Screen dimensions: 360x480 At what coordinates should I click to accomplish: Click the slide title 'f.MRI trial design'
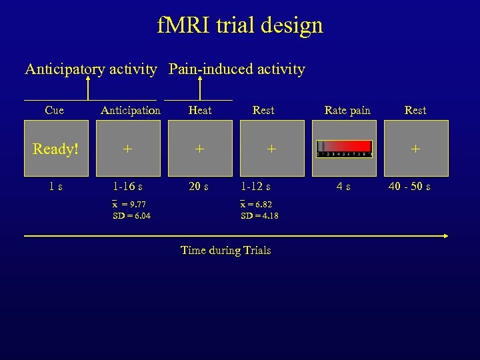point(240,25)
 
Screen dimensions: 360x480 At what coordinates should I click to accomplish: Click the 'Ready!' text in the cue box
point(55,149)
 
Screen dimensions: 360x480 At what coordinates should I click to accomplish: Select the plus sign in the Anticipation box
point(127,149)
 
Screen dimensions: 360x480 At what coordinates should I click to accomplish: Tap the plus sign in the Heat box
point(199,149)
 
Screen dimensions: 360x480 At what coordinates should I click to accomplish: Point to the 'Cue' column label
point(55,110)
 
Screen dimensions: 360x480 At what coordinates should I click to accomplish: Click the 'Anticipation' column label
point(131,110)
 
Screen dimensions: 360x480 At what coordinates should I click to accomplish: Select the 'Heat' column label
point(200,110)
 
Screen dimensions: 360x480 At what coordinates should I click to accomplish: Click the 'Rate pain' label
point(347,110)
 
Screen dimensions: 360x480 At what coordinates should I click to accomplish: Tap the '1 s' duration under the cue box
point(55,187)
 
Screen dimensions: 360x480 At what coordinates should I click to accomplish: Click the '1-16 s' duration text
point(127,187)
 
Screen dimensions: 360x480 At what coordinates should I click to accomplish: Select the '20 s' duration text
point(198,187)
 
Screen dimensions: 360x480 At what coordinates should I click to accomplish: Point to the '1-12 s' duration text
point(256,187)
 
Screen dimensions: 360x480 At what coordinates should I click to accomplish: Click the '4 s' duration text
point(344,187)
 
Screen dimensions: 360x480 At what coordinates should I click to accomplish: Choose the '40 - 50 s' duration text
point(409,187)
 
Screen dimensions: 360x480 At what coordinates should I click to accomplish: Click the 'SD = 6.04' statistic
point(132,215)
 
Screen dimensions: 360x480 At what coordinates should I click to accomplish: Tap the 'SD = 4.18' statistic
point(260,215)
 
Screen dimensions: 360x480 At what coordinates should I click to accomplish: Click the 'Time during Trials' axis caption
point(226,251)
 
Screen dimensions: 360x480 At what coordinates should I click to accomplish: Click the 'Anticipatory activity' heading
point(91,69)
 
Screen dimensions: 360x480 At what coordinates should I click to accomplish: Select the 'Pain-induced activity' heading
point(237,69)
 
